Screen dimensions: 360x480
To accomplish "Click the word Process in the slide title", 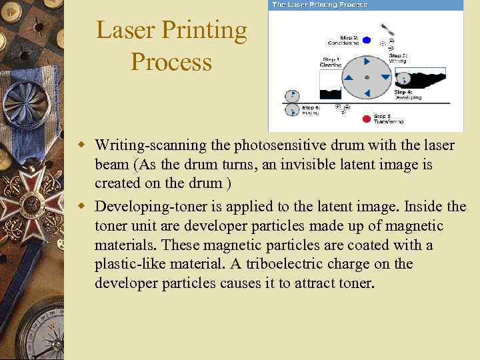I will pos(171,62).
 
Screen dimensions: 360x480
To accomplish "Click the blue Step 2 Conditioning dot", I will pos(365,40).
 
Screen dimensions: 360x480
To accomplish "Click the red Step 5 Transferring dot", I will pos(365,119).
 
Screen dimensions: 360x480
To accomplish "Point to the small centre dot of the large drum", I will pos(367,78).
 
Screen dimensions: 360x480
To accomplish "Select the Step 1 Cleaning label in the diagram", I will pos(331,62).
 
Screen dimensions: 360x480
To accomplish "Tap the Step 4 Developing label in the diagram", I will pos(407,94).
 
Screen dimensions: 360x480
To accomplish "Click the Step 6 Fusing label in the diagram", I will pos(311,110).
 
